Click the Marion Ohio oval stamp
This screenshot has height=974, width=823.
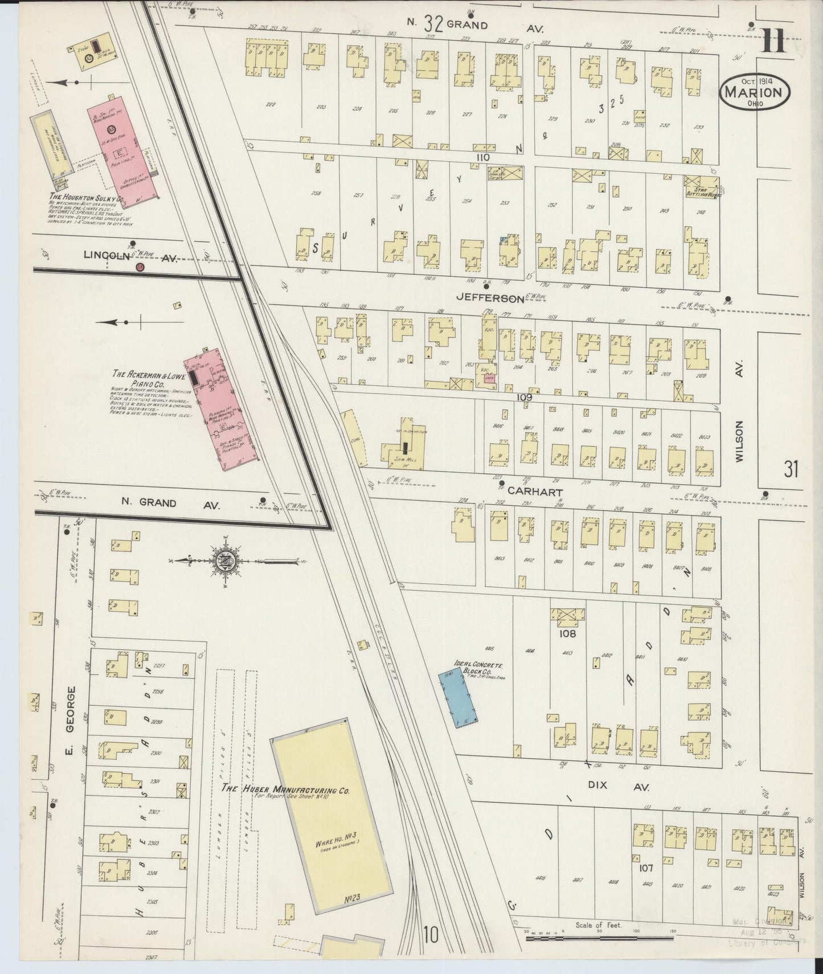pos(755,92)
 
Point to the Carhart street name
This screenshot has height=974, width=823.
pos(527,492)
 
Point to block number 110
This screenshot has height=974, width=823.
pos(484,156)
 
